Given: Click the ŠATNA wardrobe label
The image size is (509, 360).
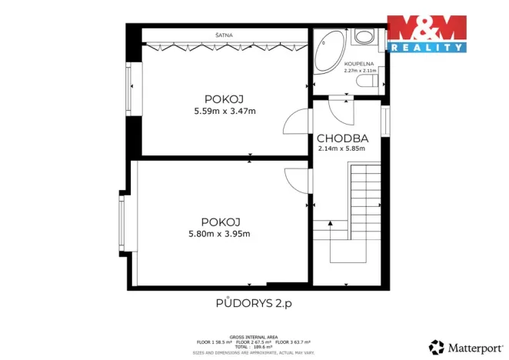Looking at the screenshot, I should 224,35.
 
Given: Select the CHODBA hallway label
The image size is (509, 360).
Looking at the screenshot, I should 343,139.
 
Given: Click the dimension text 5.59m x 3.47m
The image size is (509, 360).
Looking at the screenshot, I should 225,112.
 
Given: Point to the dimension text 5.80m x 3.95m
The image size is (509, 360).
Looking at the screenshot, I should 219,234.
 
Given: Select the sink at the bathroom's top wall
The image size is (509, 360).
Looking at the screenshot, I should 363,35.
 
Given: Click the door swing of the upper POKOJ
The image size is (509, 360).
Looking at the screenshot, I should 295,122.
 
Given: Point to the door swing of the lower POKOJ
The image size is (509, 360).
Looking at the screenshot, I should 294,182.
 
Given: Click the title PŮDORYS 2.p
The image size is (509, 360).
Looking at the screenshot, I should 254,304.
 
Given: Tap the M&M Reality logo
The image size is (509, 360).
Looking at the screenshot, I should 426,33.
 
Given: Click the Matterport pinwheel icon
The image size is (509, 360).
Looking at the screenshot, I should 437,347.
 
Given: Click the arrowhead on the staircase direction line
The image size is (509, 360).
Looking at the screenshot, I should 329,222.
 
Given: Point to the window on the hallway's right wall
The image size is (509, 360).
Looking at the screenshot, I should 386,122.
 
